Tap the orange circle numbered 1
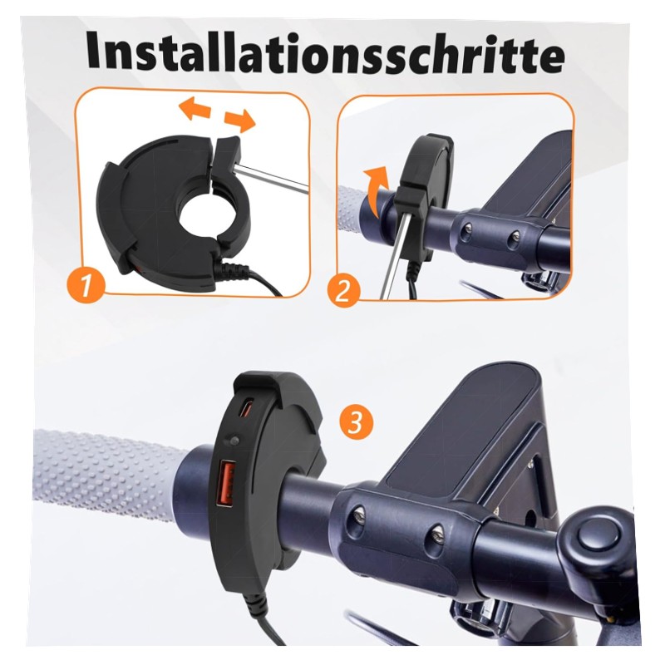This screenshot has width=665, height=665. pos(86,285)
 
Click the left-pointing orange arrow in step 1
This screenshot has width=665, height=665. pos(195,109)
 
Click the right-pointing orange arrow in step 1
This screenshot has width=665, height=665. pos(239,120)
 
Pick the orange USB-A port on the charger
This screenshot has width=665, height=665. pos(226,485)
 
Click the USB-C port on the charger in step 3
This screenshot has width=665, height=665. pos(246,408)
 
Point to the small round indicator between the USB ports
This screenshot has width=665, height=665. pos(233,441)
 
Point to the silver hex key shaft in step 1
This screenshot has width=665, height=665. pos(272,178)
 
